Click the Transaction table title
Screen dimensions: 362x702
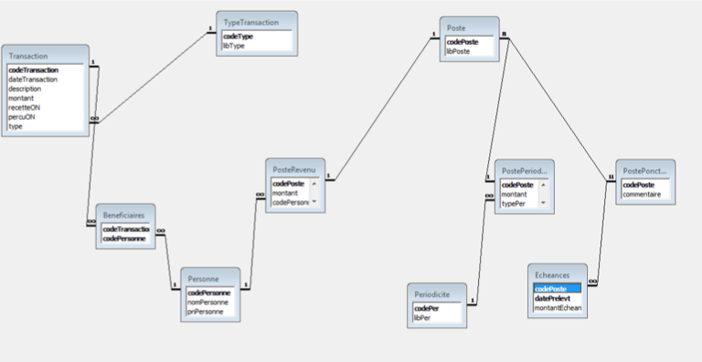[x=28, y=56]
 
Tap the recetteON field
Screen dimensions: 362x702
[x=25, y=107]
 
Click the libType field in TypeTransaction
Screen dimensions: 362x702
[x=233, y=46]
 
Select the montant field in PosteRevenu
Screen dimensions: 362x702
[x=286, y=193]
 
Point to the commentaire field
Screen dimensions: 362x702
[x=642, y=194]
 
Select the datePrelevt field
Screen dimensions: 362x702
[x=554, y=298]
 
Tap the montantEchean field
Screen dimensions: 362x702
[x=558, y=308]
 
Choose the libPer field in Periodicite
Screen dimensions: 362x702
[x=421, y=317]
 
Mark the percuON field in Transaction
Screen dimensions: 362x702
[x=23, y=117]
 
